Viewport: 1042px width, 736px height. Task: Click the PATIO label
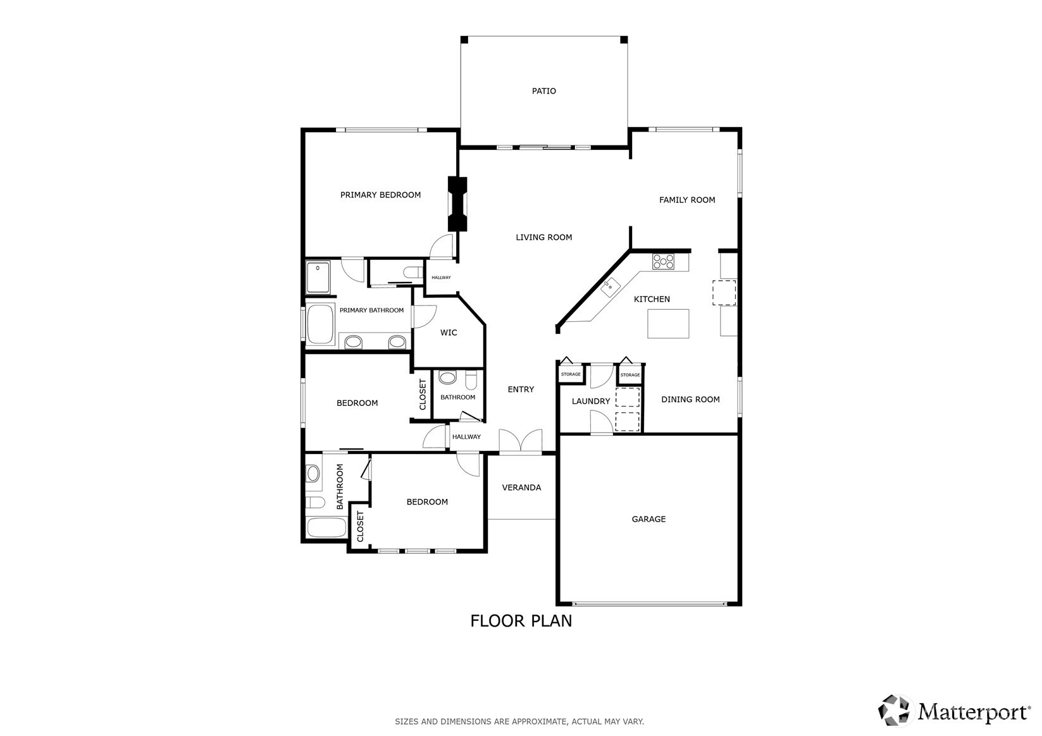click(x=544, y=91)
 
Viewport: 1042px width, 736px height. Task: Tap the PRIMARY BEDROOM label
click(x=380, y=195)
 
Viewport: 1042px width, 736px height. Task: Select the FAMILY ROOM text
click(x=687, y=200)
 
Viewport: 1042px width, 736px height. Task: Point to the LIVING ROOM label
click(x=544, y=237)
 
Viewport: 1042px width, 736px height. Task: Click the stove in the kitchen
click(x=663, y=261)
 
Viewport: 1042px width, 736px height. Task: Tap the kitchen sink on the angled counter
click(x=610, y=287)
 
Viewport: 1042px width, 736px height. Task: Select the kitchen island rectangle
click(x=668, y=324)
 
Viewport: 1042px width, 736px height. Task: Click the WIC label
click(x=449, y=333)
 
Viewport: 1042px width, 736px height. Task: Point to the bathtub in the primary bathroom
click(x=320, y=324)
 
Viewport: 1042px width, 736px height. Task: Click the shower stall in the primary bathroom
click(x=318, y=278)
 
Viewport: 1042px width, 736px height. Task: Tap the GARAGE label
click(x=648, y=519)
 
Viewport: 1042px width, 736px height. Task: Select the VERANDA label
click(x=521, y=488)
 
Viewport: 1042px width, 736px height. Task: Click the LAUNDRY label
click(x=591, y=401)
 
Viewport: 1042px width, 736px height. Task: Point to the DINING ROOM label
click(x=690, y=400)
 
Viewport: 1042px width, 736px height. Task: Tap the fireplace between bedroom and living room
click(x=457, y=204)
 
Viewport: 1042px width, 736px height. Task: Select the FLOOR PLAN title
click(x=521, y=621)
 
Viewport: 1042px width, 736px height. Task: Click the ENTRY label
click(x=521, y=389)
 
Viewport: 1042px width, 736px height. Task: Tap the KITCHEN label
click(x=652, y=299)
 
